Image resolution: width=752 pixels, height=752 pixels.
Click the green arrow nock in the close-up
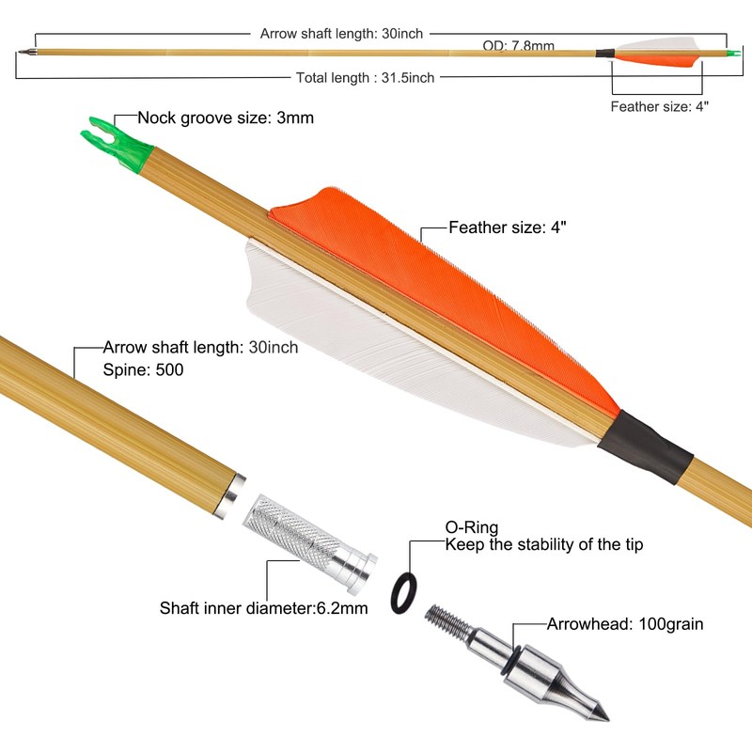pos(118,141)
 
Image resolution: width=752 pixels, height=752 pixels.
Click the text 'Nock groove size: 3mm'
pos(226,118)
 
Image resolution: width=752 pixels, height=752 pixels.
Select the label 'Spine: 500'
pos(143,369)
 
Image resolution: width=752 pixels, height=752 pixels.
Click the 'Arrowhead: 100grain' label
pos(625,623)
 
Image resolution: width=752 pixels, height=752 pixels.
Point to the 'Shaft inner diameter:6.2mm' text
pos(263,608)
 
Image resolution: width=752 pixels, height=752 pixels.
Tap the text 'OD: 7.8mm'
pos(518,45)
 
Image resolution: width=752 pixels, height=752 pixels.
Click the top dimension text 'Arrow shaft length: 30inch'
pos(341,33)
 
